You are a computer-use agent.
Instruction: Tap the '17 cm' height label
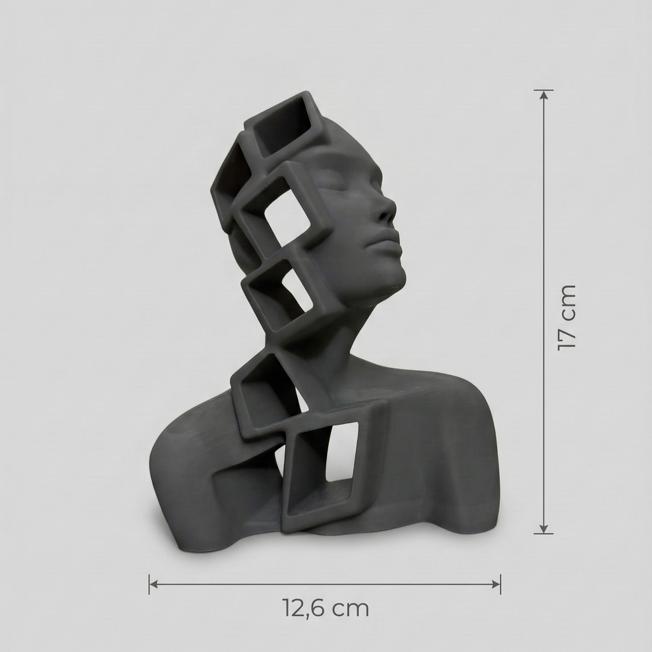pyautogui.click(x=567, y=318)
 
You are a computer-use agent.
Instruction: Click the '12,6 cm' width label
pyautogui.click(x=325, y=608)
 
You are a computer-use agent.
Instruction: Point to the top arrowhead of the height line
pyautogui.click(x=544, y=95)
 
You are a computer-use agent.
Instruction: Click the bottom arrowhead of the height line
pyautogui.click(x=544, y=528)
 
